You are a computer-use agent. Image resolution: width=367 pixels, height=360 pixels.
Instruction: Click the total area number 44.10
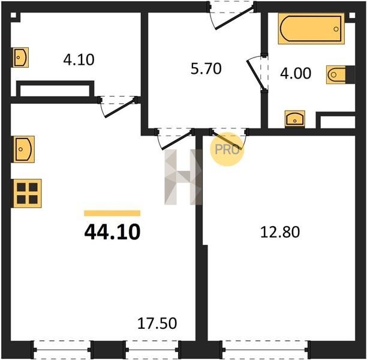click(x=112, y=232)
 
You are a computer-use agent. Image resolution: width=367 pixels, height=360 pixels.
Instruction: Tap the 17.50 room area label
click(x=157, y=323)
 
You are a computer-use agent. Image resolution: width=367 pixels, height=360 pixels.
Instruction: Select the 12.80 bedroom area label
click(x=280, y=232)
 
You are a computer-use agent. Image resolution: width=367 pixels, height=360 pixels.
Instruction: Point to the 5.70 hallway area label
click(x=206, y=69)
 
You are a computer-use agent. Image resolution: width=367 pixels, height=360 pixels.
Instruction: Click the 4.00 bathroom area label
click(x=296, y=73)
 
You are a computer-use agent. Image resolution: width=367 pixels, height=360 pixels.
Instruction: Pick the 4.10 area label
click(x=79, y=59)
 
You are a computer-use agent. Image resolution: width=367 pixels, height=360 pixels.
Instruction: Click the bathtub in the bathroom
click(x=311, y=29)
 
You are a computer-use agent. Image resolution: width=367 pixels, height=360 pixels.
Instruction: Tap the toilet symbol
click(x=340, y=75)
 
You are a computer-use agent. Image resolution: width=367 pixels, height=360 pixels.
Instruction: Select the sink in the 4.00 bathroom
click(x=295, y=119)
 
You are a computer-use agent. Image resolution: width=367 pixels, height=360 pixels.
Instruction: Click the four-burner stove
click(x=27, y=193)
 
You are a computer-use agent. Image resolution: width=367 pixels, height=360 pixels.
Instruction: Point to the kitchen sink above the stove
click(x=23, y=149)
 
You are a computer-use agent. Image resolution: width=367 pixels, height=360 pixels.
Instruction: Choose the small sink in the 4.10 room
click(x=20, y=58)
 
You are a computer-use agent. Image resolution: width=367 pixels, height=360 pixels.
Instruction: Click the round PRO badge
click(x=227, y=149)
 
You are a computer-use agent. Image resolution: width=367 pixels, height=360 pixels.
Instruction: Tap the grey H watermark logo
click(x=183, y=177)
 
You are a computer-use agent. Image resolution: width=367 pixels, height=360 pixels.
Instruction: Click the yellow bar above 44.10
click(x=112, y=213)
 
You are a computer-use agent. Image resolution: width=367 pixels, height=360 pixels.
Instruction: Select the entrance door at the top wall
click(x=231, y=14)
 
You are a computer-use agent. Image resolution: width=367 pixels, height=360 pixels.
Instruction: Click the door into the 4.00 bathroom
click(x=258, y=73)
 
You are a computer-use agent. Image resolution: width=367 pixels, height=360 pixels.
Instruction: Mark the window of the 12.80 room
click(x=265, y=350)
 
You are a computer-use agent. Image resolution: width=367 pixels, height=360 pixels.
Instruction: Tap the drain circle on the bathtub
click(x=336, y=29)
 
